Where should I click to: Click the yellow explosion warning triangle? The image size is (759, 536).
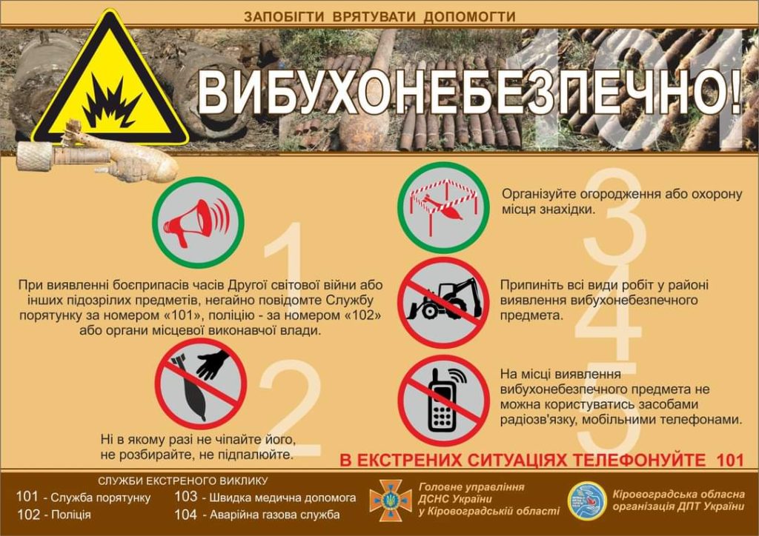click(x=110, y=82)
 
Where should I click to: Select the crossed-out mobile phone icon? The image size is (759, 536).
click(x=443, y=401)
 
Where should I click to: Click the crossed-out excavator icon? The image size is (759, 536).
click(x=443, y=302)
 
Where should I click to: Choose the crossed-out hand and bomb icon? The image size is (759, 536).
click(x=200, y=383)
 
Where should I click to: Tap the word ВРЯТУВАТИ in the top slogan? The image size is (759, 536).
click(x=374, y=17)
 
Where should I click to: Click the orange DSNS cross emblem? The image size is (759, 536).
click(x=390, y=500)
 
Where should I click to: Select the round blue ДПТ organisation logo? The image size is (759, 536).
click(x=587, y=500)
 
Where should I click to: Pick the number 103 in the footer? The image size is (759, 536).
click(x=186, y=496)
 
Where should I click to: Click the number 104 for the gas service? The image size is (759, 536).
click(x=186, y=515)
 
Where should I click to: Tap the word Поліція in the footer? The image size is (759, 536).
click(x=71, y=515)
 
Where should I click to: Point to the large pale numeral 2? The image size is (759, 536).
click(x=291, y=407)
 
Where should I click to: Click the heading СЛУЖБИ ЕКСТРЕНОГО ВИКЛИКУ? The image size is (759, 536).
click(x=182, y=481)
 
